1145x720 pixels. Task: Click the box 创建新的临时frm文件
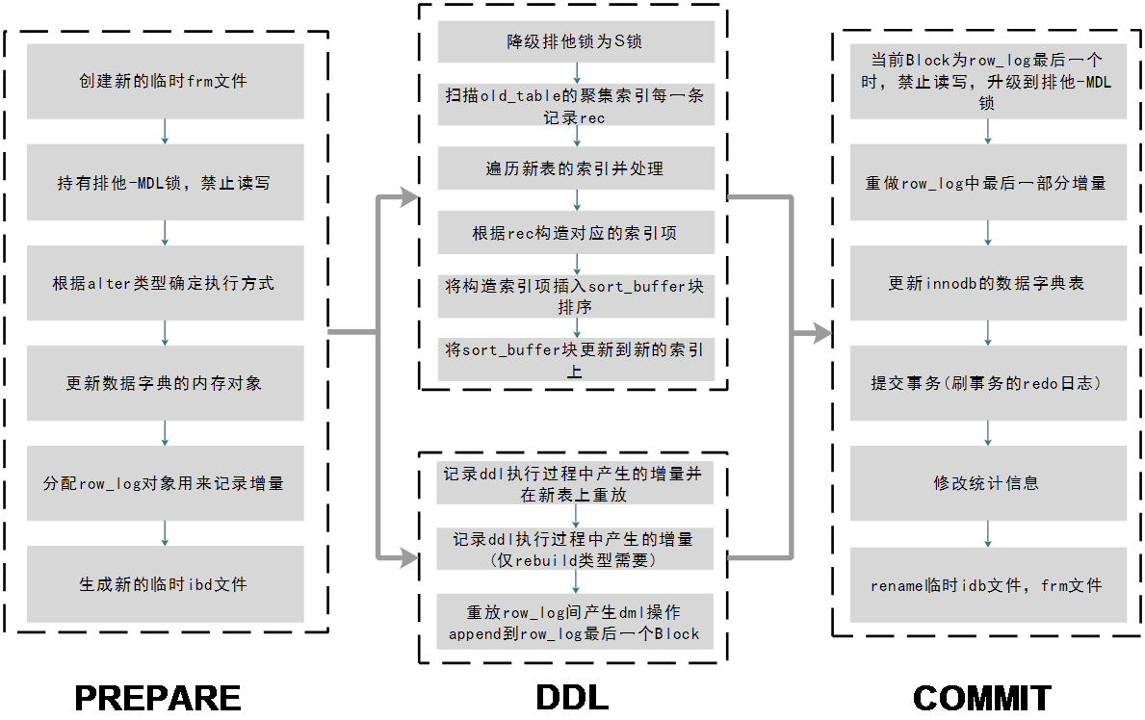[165, 82]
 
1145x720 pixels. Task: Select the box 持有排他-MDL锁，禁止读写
[165, 182]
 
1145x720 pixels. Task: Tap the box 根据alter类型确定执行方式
[165, 283]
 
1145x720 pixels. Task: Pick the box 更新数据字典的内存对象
[165, 383]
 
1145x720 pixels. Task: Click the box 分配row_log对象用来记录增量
[165, 483]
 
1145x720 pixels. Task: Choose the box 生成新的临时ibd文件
[165, 584]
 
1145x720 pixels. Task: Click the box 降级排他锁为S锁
[576, 42]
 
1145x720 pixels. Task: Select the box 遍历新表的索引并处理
[576, 168]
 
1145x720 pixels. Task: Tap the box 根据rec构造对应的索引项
[576, 233]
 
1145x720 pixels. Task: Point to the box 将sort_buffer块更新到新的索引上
[576, 359]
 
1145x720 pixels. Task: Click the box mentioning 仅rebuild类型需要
[575, 550]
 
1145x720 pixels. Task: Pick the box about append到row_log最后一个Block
[575, 623]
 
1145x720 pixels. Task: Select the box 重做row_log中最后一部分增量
[988, 182]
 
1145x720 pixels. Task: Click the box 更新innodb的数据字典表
[988, 283]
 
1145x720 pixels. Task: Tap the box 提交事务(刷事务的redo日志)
[988, 383]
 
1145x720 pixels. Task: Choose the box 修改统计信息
[988, 483]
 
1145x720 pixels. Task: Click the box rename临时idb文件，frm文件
[988, 584]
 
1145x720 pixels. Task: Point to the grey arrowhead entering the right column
[821, 333]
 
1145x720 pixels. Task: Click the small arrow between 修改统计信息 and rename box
[988, 534]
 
